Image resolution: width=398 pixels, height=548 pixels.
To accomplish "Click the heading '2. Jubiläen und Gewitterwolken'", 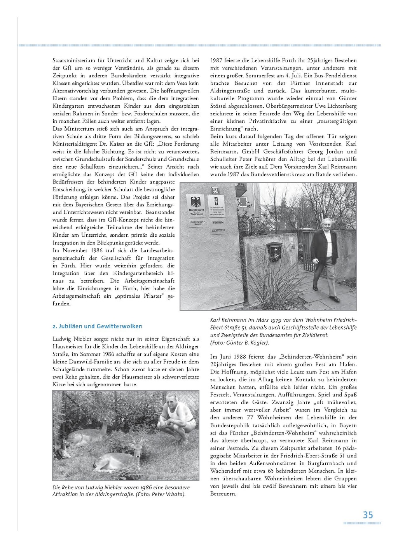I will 97,326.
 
